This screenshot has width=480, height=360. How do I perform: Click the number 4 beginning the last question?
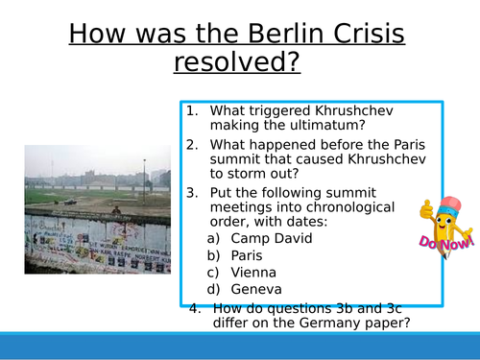click(195, 308)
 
